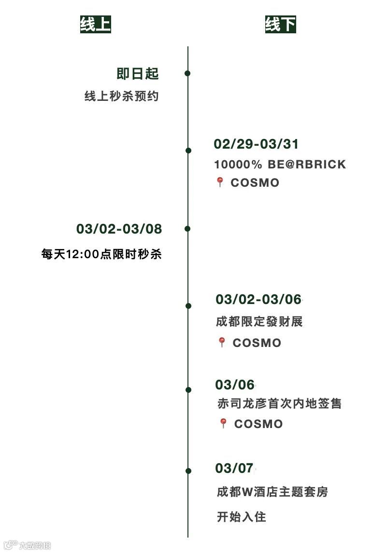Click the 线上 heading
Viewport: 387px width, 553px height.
[x=95, y=24]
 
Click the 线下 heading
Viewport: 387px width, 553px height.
[x=280, y=24]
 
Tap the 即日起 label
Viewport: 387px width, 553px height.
[x=138, y=74]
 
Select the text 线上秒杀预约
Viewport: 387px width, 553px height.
[x=121, y=97]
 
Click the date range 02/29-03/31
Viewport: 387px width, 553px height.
[x=256, y=144]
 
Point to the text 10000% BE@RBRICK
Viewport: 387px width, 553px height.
[x=280, y=164]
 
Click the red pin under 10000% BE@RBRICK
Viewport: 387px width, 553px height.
[x=220, y=182]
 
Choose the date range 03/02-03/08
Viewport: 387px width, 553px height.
[x=119, y=229]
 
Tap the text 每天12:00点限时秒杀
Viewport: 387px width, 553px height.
[x=101, y=254]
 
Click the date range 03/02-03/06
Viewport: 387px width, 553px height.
[x=258, y=299]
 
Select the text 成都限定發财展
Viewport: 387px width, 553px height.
[x=259, y=321]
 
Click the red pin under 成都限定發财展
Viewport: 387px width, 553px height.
[x=222, y=342]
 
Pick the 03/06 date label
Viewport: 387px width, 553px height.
[x=235, y=385]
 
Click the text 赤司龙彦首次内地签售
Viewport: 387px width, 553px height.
[x=279, y=403]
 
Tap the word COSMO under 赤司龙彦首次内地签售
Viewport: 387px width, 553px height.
[x=258, y=424]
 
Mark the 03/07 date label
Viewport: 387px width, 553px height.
[x=234, y=468]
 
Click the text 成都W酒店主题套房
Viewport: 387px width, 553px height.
[x=272, y=492]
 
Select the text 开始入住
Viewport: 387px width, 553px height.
[x=241, y=517]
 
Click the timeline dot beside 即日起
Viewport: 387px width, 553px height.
[x=187, y=73]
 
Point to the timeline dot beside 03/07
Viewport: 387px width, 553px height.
[x=187, y=470]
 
